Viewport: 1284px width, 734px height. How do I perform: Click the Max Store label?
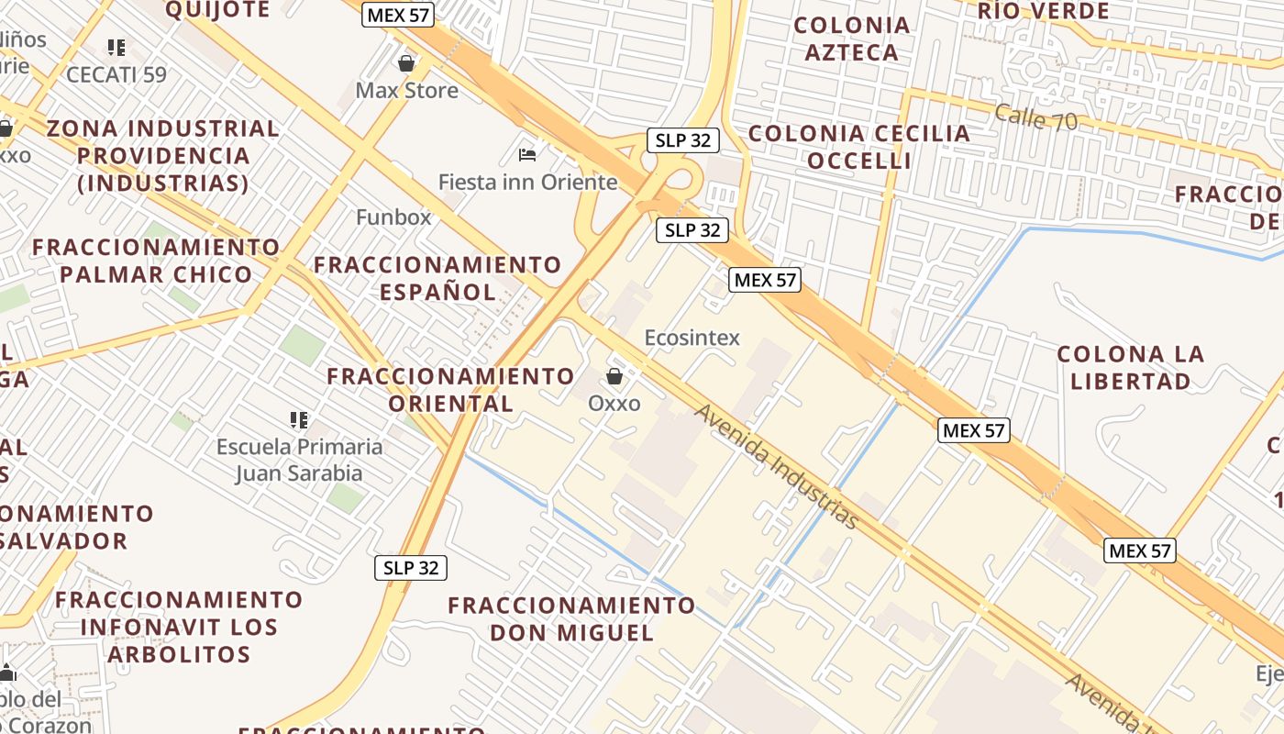tap(406, 91)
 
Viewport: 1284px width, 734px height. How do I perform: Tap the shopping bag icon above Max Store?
tap(406, 63)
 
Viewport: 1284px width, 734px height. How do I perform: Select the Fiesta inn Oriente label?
tap(527, 182)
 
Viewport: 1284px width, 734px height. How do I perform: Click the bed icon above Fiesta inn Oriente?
tap(527, 153)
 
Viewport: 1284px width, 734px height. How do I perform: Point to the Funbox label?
tap(393, 217)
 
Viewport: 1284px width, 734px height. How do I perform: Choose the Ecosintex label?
tap(692, 338)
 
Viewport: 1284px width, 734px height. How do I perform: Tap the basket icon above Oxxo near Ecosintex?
tap(614, 376)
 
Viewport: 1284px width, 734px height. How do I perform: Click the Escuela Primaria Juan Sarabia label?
tap(299, 460)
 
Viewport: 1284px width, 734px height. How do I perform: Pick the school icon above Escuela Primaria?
tap(299, 420)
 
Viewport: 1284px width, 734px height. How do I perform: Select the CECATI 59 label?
tap(116, 74)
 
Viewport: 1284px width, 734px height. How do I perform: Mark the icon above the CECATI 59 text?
tap(116, 47)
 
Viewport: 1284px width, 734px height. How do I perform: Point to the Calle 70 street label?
tap(1035, 117)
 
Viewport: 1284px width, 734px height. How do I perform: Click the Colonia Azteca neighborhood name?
tap(852, 39)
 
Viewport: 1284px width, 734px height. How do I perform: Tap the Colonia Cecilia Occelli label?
tap(859, 147)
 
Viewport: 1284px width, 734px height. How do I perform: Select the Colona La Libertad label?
tap(1130, 367)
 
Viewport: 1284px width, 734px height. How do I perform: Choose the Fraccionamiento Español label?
tap(437, 278)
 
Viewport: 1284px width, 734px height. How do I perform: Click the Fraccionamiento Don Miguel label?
tap(571, 619)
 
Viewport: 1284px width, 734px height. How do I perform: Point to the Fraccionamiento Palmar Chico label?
tap(156, 261)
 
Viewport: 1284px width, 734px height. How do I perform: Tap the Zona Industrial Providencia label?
tap(162, 156)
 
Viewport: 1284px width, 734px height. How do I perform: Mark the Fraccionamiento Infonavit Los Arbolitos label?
tap(179, 628)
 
